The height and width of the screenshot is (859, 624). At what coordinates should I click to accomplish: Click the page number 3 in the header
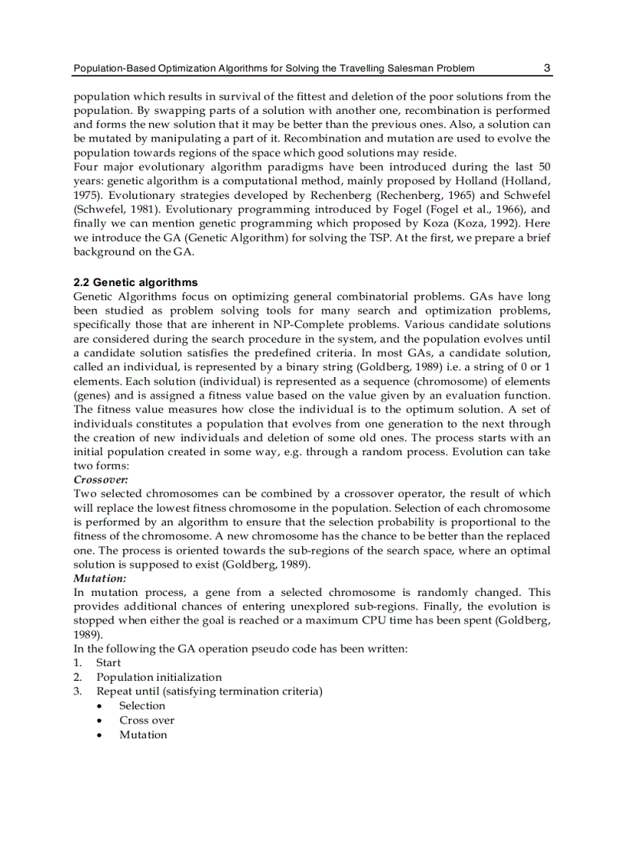coord(547,68)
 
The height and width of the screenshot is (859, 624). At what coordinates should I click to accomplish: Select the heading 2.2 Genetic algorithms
coord(135,282)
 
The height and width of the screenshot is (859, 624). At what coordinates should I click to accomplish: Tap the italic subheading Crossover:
coord(100,480)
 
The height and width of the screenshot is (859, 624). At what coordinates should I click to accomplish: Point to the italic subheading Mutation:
coord(99,578)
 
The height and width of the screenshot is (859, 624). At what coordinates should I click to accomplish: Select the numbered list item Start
coord(109,663)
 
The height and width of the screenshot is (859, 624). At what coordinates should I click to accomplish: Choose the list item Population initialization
coord(159,677)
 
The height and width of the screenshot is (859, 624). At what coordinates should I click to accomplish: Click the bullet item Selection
coord(142,706)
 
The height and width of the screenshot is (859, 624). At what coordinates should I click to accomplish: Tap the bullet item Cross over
coord(147,721)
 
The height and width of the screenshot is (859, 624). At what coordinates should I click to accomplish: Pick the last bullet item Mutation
coord(143,735)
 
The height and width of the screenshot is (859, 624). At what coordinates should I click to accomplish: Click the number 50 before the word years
coord(542,167)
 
